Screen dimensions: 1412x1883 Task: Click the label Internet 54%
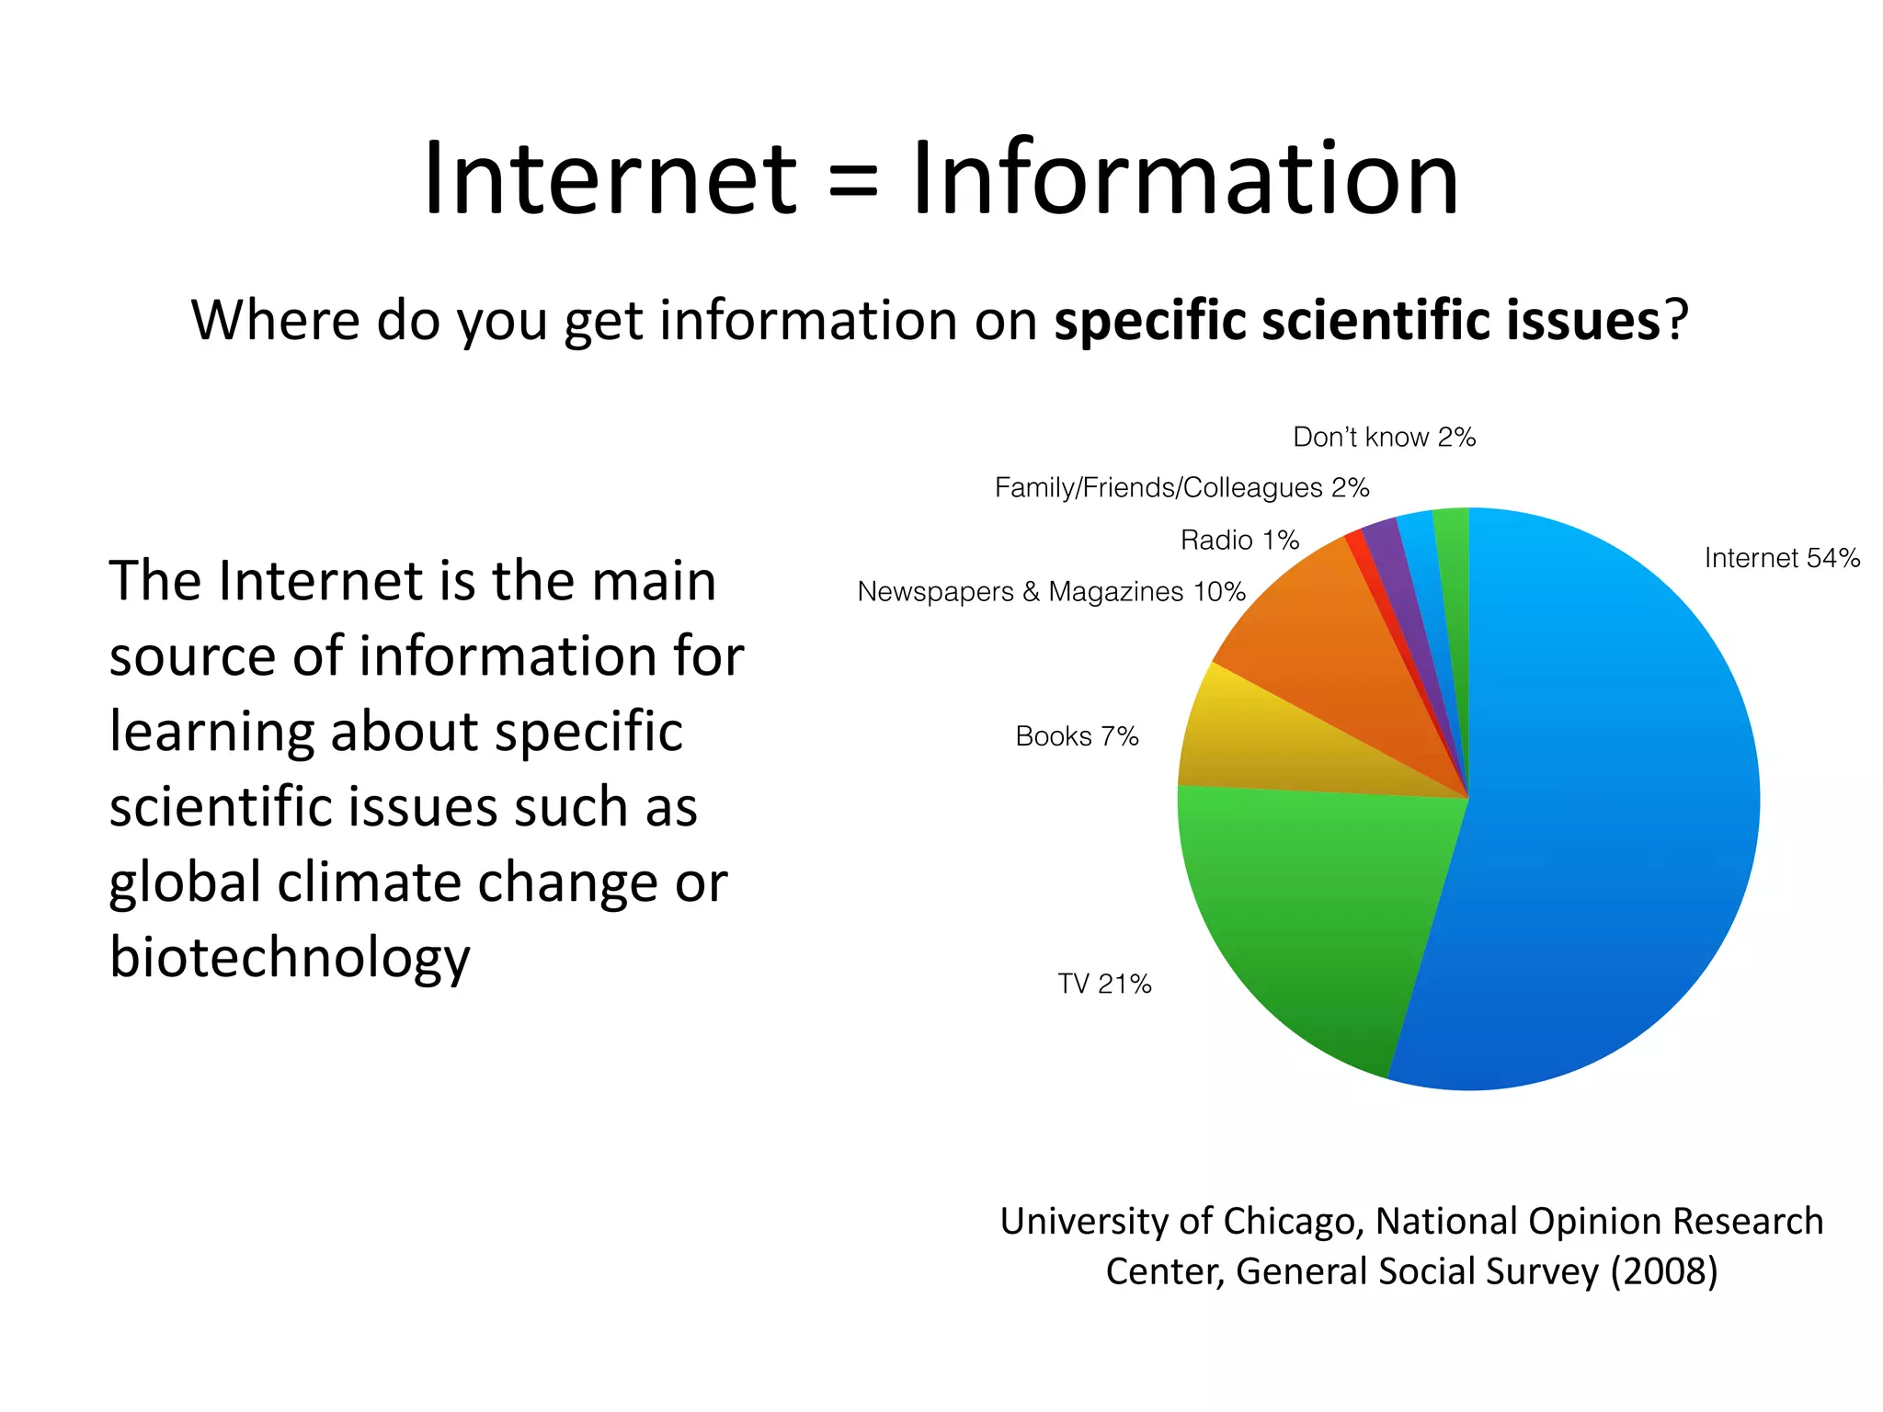click(1781, 558)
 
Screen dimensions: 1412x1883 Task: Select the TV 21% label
click(1104, 984)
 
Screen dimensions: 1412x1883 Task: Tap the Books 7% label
click(1077, 736)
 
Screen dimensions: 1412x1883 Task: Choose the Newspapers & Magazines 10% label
click(1051, 592)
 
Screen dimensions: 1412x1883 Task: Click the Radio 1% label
click(1239, 540)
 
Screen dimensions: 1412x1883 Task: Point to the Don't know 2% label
click(1384, 437)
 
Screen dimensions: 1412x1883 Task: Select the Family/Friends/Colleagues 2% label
click(1181, 487)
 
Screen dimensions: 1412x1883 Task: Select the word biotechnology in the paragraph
click(290, 957)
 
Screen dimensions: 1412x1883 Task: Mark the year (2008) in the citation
click(1663, 1271)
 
